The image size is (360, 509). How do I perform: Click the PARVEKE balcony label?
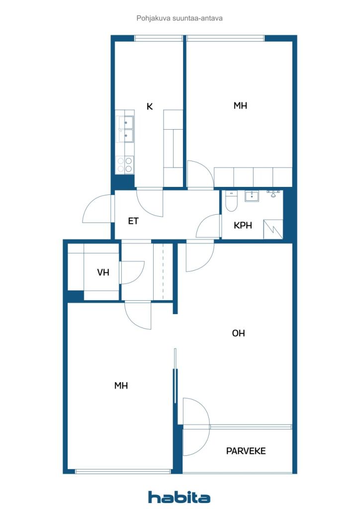tap(246, 451)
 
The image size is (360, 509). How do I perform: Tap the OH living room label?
tap(238, 333)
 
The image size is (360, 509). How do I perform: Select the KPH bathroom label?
tap(243, 225)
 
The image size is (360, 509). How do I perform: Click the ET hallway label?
tap(133, 221)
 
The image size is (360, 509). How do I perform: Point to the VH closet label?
tap(103, 272)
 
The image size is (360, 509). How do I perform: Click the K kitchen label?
tap(149, 106)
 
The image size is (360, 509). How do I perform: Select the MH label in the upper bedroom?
tap(240, 105)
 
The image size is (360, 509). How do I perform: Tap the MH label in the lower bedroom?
tap(121, 385)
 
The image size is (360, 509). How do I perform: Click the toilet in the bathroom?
tap(231, 201)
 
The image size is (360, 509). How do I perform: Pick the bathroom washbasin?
tap(252, 196)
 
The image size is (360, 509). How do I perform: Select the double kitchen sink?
tap(125, 128)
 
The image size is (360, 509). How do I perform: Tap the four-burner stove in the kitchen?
tap(125, 165)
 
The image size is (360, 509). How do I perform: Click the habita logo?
tap(179, 497)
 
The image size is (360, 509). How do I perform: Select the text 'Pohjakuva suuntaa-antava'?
tap(180, 18)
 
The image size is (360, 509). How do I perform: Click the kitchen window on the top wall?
tap(158, 38)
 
